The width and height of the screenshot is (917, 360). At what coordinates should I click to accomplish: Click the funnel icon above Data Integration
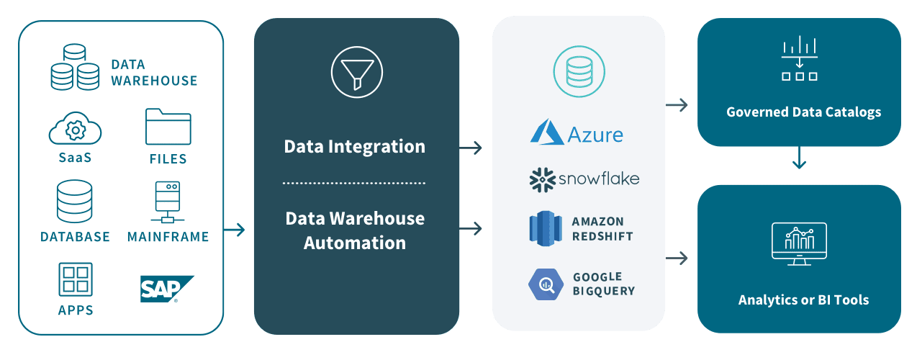tap(356, 73)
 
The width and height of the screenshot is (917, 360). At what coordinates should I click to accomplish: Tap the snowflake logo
tap(584, 179)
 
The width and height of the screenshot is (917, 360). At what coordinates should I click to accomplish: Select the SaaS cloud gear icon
tap(75, 130)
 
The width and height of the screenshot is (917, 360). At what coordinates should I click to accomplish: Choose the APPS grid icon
tap(75, 280)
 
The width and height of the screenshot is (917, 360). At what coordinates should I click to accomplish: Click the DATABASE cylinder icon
tap(75, 201)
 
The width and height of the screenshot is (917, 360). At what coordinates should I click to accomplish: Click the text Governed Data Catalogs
tap(803, 112)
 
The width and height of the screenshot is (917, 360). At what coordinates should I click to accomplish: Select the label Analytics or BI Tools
tap(803, 300)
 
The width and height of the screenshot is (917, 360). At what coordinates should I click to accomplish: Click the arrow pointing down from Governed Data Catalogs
tap(799, 159)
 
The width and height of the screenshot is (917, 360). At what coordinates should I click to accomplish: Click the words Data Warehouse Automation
tap(355, 230)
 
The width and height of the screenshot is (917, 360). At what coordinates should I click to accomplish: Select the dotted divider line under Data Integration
tap(354, 183)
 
